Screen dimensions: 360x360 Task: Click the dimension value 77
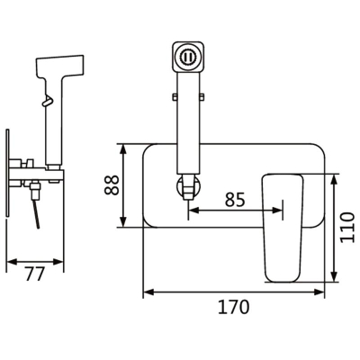point(35,274)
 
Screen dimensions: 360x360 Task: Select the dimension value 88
point(112,185)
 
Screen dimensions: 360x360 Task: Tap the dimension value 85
point(235,200)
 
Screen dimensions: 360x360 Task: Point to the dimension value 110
point(347,228)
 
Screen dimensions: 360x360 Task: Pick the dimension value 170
point(234,307)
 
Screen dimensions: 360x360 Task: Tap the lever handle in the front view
point(283,228)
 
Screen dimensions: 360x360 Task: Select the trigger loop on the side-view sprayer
point(47,100)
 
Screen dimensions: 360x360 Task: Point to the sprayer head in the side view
point(59,67)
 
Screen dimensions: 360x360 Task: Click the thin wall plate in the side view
point(7,172)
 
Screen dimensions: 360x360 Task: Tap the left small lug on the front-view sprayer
point(175,96)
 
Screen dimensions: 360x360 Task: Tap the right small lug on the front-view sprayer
point(202,96)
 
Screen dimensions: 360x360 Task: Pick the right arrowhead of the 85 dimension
point(277,211)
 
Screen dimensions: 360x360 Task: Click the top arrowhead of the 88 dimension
point(122,149)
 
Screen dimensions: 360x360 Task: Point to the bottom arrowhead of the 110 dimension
point(334,276)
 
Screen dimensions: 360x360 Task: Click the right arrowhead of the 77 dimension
point(58,262)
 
